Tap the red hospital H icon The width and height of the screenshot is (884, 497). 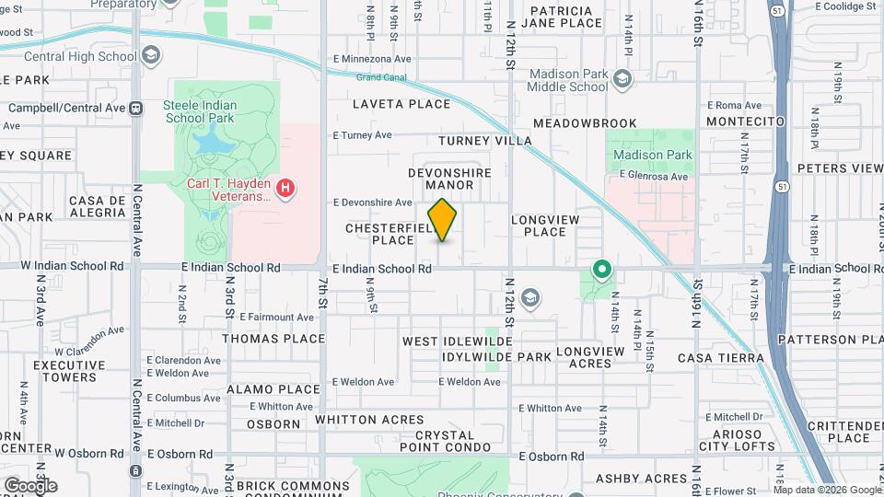tap(285, 189)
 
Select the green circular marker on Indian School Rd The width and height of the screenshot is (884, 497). tap(601, 270)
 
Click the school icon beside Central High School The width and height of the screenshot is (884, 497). tap(150, 56)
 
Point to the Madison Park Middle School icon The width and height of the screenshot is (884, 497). tap(623, 79)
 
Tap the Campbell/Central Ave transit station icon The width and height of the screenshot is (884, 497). tap(135, 108)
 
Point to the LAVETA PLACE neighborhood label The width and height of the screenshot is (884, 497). tap(401, 104)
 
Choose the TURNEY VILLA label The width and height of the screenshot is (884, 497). tap(485, 141)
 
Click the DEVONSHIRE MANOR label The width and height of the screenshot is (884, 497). tap(450, 179)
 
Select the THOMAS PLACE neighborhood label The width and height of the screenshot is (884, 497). tap(273, 338)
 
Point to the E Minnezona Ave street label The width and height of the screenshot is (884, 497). tap(372, 59)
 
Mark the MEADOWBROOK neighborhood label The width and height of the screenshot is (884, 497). tap(585, 122)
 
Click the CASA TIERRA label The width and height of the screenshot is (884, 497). tap(721, 357)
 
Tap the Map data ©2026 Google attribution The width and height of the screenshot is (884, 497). tap(826, 490)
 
